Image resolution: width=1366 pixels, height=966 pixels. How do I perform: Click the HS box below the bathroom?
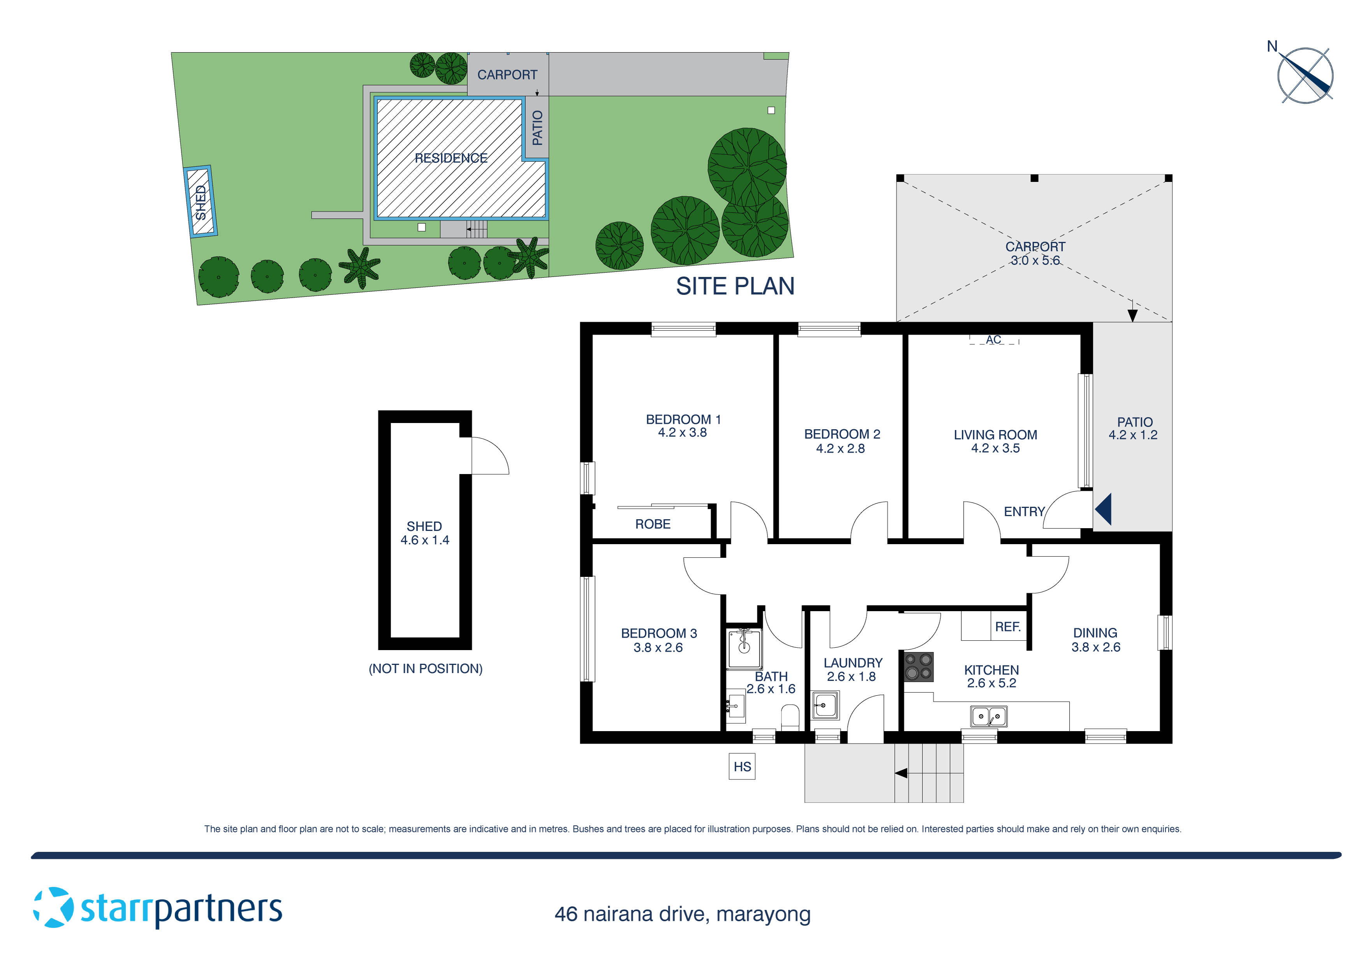click(x=742, y=767)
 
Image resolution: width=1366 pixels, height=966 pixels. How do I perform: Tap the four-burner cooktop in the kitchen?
click(x=919, y=666)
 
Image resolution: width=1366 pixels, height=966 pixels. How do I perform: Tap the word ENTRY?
click(x=1024, y=512)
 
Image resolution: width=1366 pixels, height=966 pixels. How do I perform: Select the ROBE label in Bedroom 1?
click(x=653, y=524)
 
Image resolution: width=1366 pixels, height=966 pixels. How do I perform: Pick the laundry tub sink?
click(x=825, y=706)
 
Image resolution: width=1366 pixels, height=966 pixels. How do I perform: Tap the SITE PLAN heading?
click(x=735, y=286)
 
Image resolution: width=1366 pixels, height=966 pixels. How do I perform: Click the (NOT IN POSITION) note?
click(x=425, y=668)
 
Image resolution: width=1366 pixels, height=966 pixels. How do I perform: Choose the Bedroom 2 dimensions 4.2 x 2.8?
click(x=840, y=449)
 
